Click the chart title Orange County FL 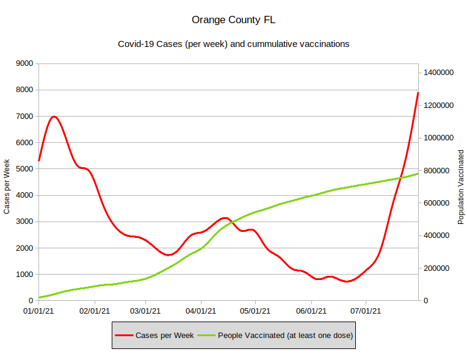coord(233,20)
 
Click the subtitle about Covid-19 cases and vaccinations coord(233,44)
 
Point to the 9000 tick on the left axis coord(24,63)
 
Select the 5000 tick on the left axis coord(24,169)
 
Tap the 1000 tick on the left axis coord(24,275)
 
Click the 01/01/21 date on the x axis coord(38,311)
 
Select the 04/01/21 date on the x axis coord(201,311)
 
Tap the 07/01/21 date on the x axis coord(366,311)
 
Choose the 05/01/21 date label coord(255,311)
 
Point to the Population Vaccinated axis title coord(461,186)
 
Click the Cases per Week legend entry coord(164,335)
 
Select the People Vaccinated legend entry coord(285,335)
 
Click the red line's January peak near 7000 coord(54,116)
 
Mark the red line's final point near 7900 coord(418,93)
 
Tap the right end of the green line coord(418,173)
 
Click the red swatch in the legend coord(124,335)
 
